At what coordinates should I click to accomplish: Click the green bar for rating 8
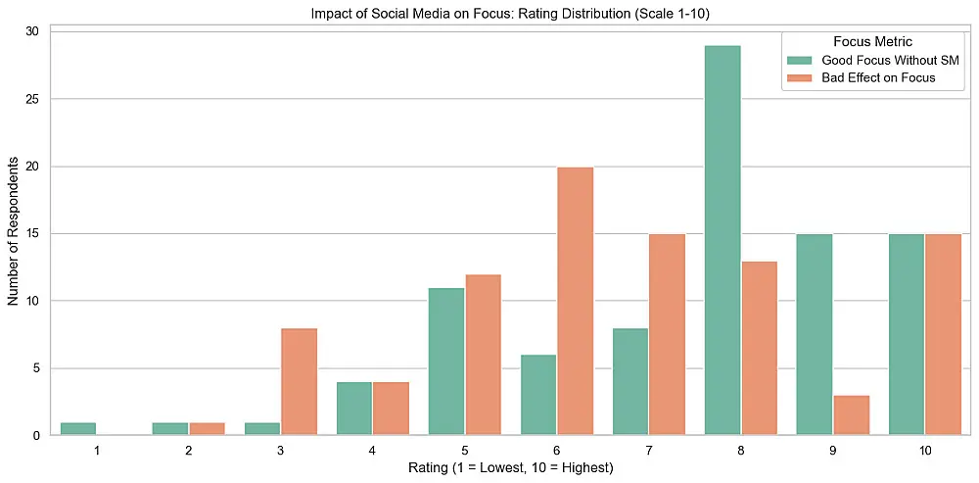pos(723,241)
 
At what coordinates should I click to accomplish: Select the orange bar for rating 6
pos(575,301)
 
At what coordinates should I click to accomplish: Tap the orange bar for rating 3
pos(299,382)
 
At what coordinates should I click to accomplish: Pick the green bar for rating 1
pos(77,429)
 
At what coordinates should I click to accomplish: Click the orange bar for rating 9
pos(852,415)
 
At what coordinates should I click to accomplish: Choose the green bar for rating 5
pos(445,362)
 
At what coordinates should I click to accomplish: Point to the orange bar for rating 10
pos(944,335)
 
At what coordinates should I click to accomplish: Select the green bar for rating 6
pos(538,396)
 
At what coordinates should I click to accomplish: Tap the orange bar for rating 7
pos(668,335)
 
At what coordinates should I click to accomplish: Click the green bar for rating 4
pos(354,409)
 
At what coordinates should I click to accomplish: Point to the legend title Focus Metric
pos(873,42)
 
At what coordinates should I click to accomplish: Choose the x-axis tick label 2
pos(188,450)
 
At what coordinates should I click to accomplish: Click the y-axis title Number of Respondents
pos(13,234)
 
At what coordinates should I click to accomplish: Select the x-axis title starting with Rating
pos(511,467)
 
